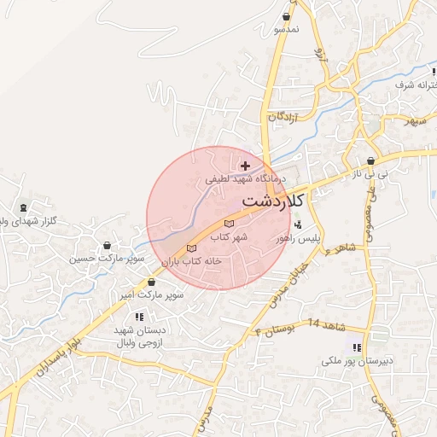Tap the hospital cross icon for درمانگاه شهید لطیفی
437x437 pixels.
(246, 166)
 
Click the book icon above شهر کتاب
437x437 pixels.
(228, 224)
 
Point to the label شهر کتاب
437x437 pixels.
(228, 236)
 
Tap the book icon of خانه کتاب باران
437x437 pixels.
(190, 248)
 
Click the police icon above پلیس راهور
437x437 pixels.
(297, 226)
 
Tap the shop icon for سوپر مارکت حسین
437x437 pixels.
(106, 244)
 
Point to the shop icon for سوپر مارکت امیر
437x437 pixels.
(151, 283)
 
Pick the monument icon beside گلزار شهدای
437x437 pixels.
(22, 207)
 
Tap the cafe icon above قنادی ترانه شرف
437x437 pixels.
(415, 73)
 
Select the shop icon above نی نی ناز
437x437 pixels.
(371, 160)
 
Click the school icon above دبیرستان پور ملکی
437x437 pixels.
(356, 347)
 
